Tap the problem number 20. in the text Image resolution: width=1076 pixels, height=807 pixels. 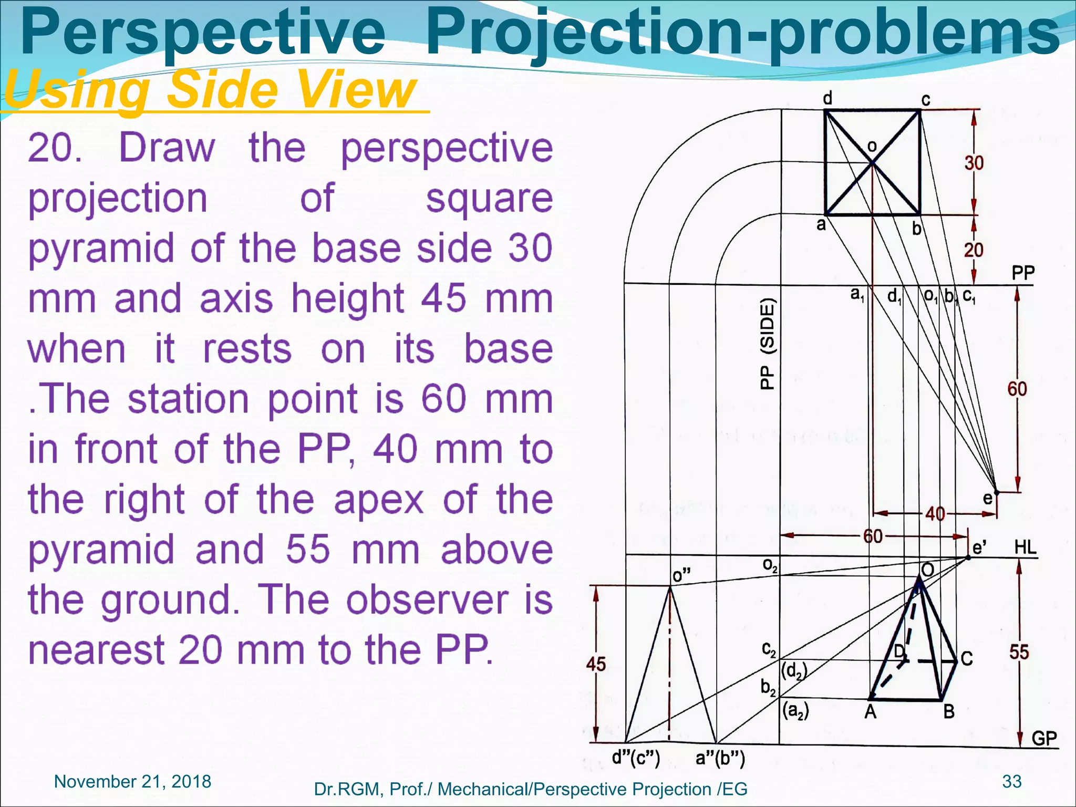[55, 148]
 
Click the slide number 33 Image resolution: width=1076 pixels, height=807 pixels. [1011, 781]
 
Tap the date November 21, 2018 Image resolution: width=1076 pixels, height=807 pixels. [132, 782]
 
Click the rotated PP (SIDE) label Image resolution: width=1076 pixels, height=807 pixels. [768, 344]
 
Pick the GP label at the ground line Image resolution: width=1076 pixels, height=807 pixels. [1043, 738]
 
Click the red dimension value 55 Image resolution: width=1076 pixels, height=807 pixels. [1019, 652]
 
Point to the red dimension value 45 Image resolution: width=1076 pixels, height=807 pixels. [596, 664]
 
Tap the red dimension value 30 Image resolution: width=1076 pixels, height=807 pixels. [974, 163]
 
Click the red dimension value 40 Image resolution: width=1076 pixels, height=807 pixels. [935, 513]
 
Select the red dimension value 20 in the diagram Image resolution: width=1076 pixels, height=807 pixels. [973, 250]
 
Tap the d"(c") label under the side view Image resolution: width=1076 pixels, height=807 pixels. [636, 758]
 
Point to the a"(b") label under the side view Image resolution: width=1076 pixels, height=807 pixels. [720, 758]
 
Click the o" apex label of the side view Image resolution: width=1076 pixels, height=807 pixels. [681, 576]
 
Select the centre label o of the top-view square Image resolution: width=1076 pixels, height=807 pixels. [872, 146]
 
